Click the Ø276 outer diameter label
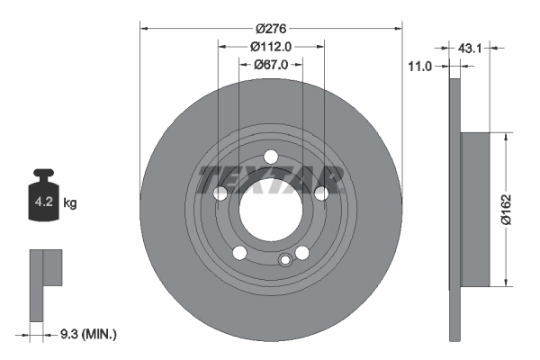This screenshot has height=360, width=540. [x=270, y=30]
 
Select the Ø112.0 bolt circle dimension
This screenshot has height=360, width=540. [x=271, y=47]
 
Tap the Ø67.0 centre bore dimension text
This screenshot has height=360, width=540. [x=270, y=64]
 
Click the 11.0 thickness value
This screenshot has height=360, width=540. [x=420, y=66]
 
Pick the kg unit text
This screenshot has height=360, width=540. [x=70, y=203]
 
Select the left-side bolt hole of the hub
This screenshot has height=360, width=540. [x=220, y=193]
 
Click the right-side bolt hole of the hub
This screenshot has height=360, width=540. [x=321, y=193]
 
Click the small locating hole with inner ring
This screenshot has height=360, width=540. [x=285, y=261]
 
